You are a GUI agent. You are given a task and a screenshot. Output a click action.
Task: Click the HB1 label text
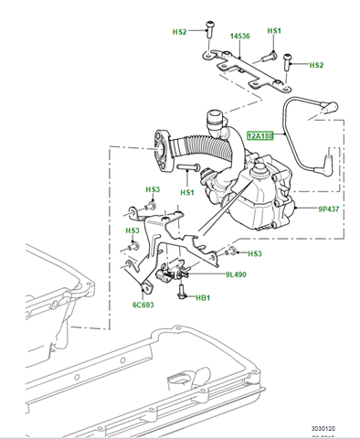click(203, 298)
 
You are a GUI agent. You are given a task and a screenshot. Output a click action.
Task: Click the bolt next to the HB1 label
click(182, 294)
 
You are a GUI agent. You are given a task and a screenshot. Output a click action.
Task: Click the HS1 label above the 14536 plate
click(274, 31)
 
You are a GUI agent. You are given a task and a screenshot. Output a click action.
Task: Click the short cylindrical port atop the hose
click(216, 118)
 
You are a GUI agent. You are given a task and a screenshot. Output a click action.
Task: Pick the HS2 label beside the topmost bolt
click(179, 32)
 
